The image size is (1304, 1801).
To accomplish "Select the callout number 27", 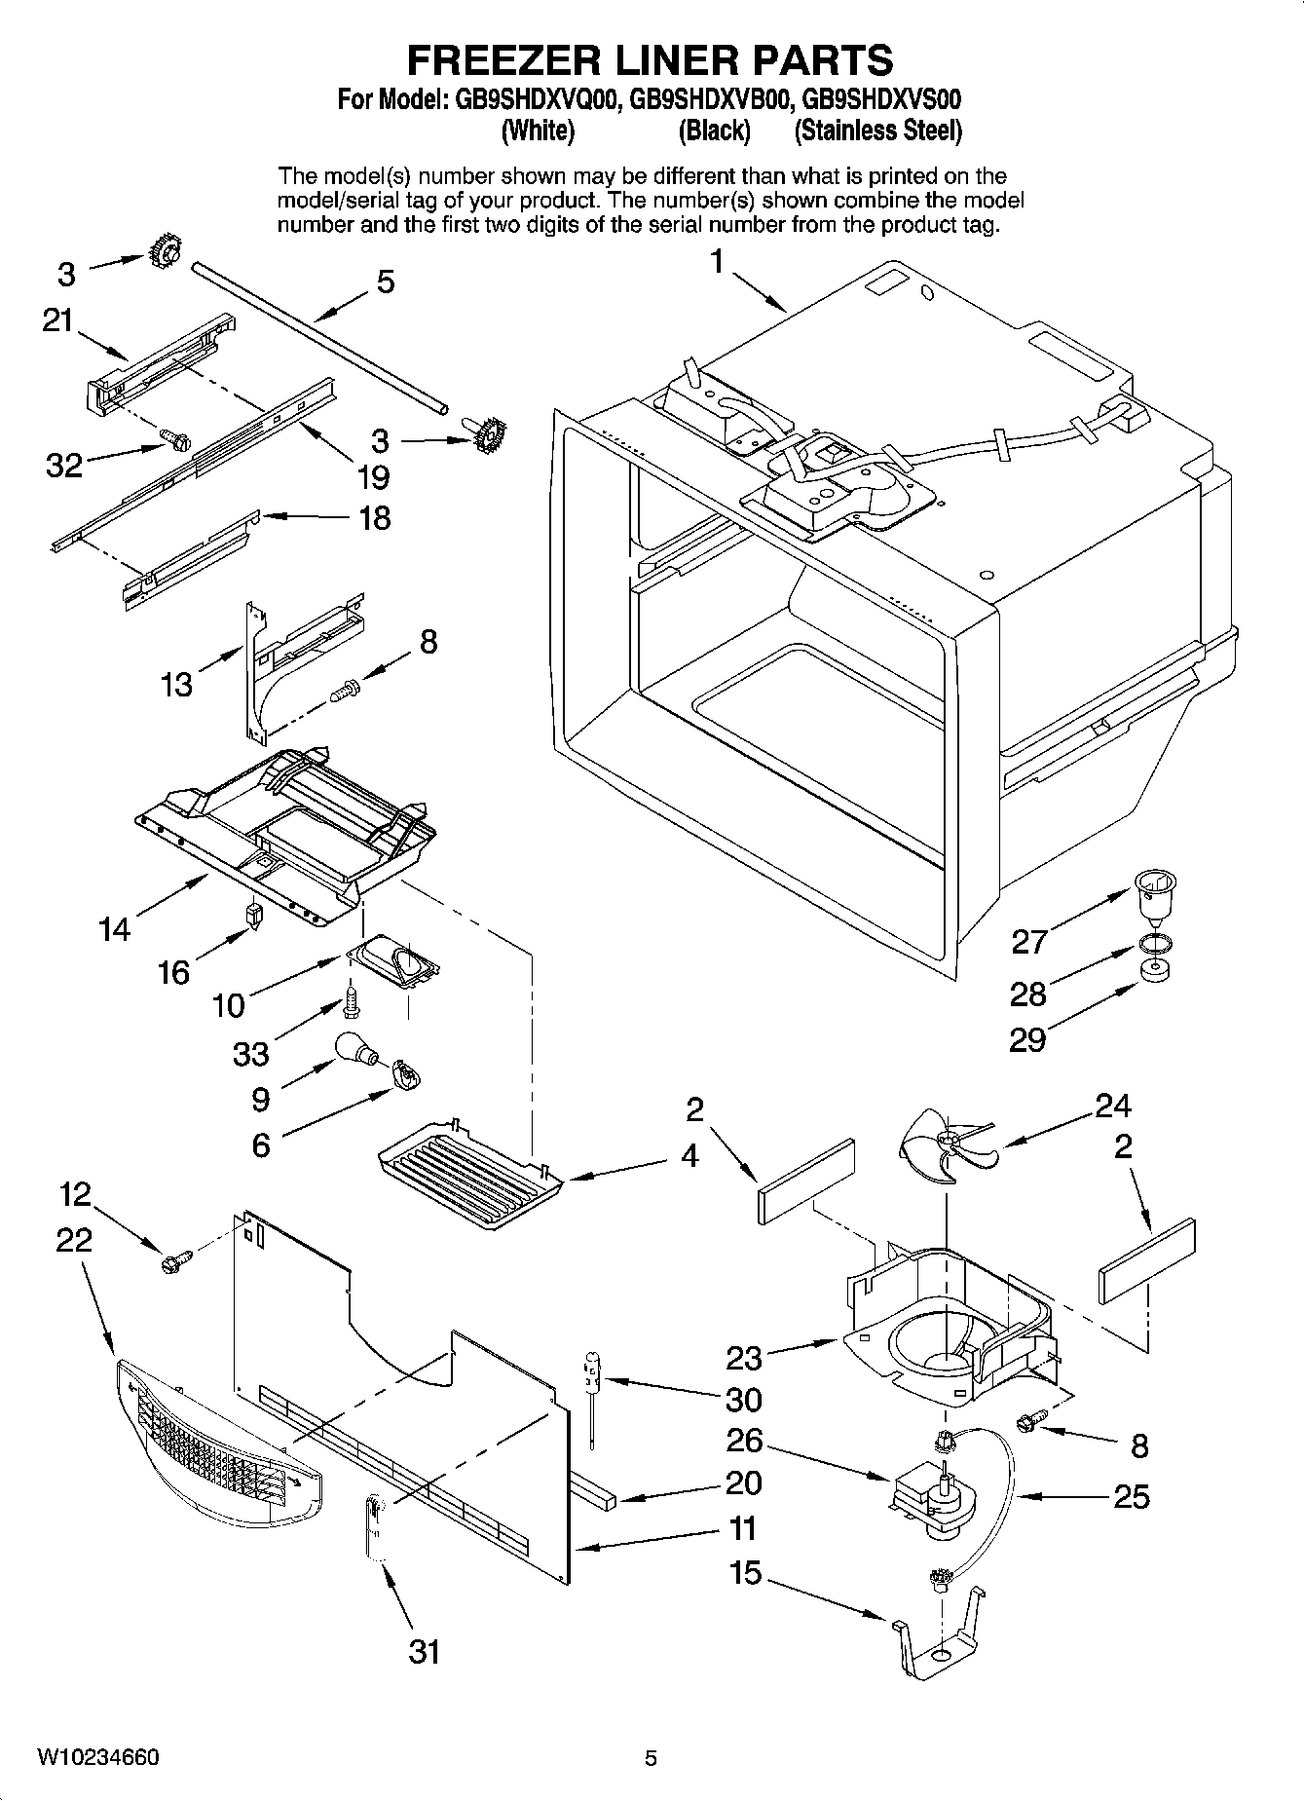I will point(1029,941).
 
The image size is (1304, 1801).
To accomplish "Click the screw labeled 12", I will point(173,1262).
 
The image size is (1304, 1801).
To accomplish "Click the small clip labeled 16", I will point(253,916).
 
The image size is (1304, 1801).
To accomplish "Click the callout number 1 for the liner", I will point(717,262).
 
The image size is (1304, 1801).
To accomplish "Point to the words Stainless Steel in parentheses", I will point(878,131).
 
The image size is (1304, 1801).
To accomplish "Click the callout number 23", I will point(745,1357).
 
